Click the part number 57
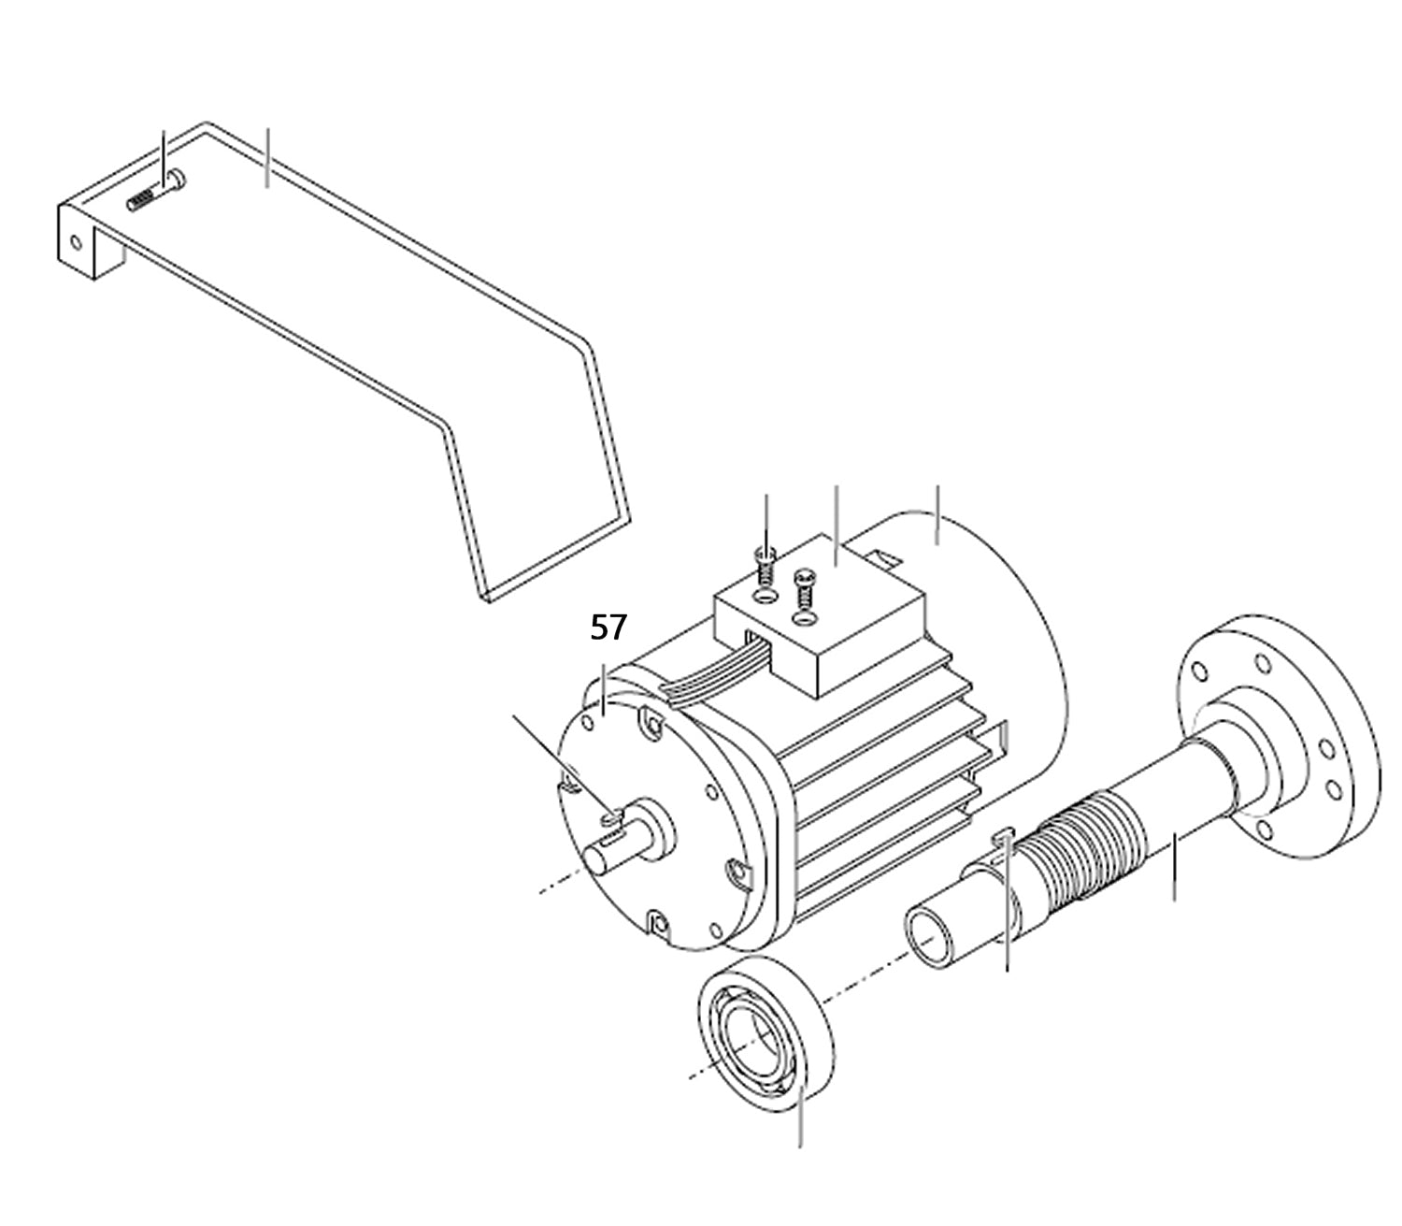pyautogui.click(x=608, y=627)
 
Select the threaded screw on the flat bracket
pyautogui.click(x=155, y=192)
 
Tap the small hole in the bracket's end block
pyautogui.click(x=76, y=242)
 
